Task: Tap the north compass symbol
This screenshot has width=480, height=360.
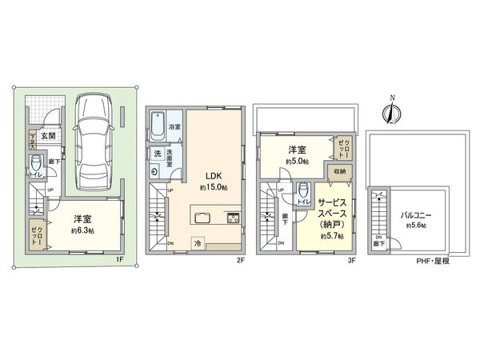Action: click(x=391, y=112)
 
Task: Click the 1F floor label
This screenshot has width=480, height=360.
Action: click(x=118, y=259)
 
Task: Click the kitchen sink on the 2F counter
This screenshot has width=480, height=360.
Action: click(x=202, y=218)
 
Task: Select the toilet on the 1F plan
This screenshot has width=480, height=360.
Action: click(x=35, y=170)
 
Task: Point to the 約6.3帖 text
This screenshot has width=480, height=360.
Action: click(x=84, y=230)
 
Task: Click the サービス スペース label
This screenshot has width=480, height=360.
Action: click(x=330, y=210)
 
